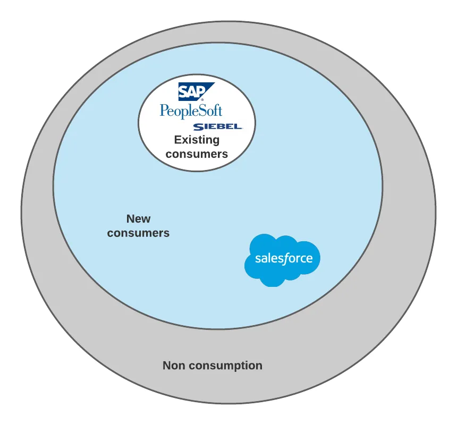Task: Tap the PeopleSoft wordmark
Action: click(x=191, y=111)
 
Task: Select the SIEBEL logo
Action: click(x=217, y=127)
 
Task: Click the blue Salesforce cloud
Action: click(x=283, y=259)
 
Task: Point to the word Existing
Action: click(x=197, y=140)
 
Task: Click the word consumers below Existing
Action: click(x=197, y=154)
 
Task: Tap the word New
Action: click(x=138, y=219)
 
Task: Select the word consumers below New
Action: click(x=138, y=233)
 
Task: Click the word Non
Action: click(x=174, y=365)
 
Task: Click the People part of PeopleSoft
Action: click(x=179, y=112)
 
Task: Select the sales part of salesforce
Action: click(x=269, y=259)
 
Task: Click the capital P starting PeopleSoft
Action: click(x=164, y=110)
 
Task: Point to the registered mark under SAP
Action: click(x=202, y=99)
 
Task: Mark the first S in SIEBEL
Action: click(x=196, y=127)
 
